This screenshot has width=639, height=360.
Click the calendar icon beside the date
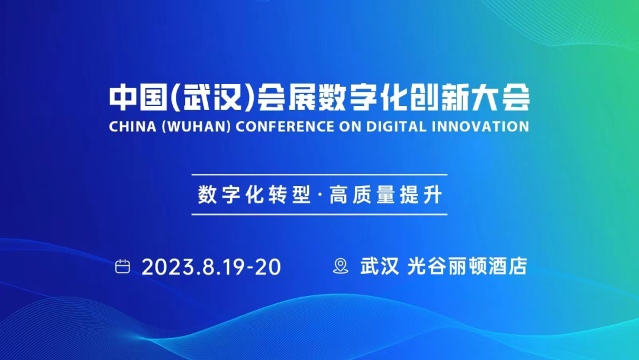click(122, 266)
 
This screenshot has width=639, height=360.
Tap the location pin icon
click(341, 266)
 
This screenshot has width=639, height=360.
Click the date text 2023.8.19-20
click(211, 267)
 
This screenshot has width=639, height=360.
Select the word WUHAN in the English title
click(196, 126)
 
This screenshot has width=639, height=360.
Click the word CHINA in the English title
click(133, 126)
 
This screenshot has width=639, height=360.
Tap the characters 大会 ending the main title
click(501, 98)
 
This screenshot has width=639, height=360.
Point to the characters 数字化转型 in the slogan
click(254, 194)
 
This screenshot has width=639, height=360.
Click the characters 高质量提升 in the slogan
click(386, 194)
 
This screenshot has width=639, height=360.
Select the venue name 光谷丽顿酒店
click(467, 266)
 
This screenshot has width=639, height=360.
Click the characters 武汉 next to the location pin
click(379, 266)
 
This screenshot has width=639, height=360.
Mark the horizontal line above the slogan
click(319, 175)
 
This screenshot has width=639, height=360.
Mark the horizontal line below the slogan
click(319, 214)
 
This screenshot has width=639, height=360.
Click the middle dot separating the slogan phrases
click(320, 195)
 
